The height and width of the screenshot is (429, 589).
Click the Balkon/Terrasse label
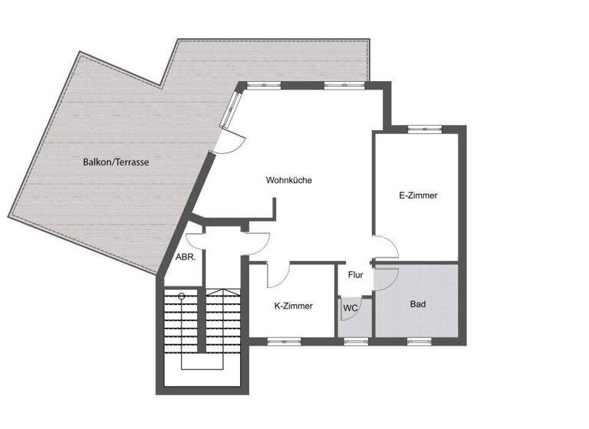click(117, 162)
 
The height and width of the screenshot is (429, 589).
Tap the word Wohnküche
click(289, 181)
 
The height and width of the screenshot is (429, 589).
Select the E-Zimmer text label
click(418, 195)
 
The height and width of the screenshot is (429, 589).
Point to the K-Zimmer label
click(293, 306)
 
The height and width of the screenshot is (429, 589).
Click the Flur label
click(356, 275)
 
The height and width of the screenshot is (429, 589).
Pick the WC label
click(350, 308)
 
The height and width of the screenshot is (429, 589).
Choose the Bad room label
click(418, 304)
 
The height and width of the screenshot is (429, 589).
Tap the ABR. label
click(186, 257)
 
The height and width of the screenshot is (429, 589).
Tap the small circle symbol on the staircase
click(181, 296)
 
